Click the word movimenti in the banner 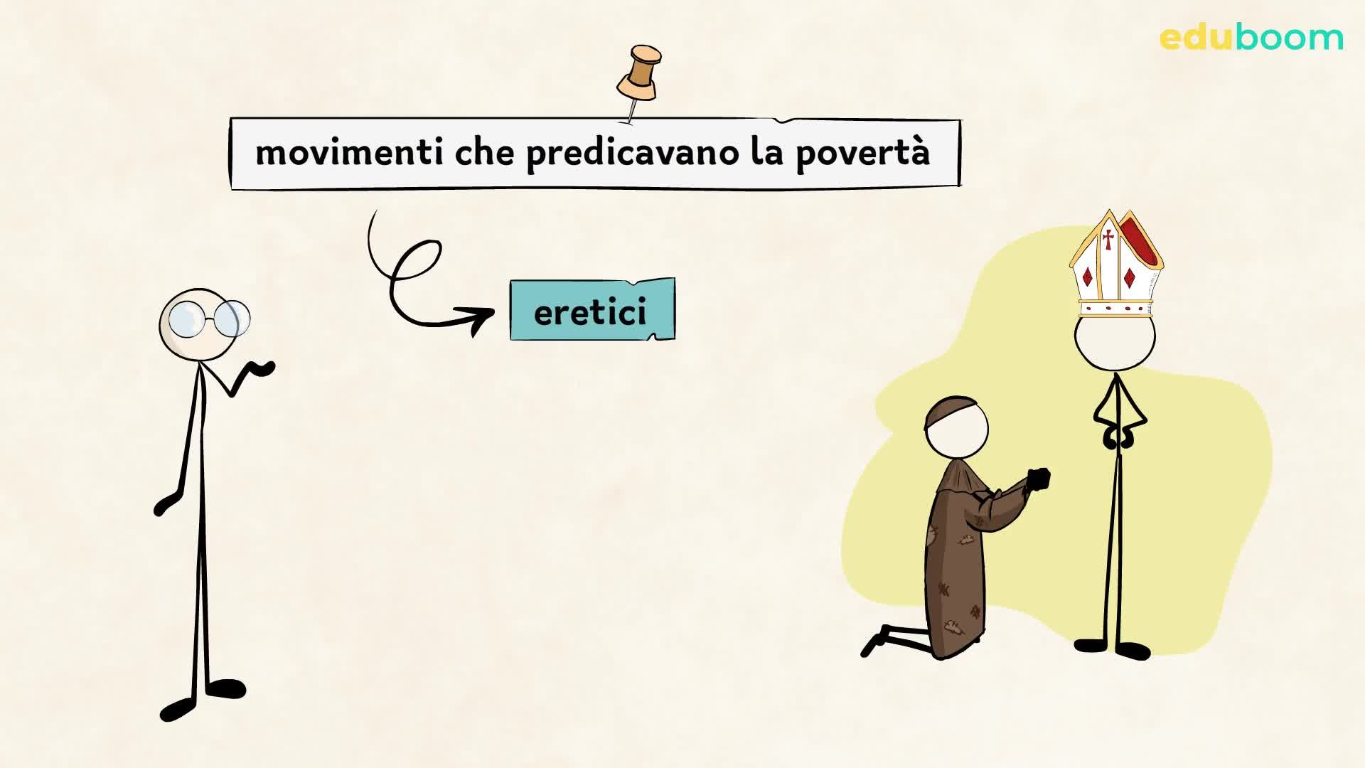(x=348, y=152)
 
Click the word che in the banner (x=484, y=152)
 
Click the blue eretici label (x=591, y=310)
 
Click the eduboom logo (x=1251, y=37)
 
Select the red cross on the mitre (x=1108, y=239)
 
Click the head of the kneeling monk (x=958, y=430)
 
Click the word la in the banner (x=766, y=152)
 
